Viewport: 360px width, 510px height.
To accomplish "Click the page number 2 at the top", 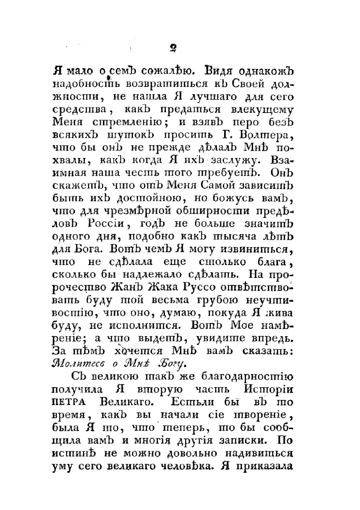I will click(174, 48).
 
